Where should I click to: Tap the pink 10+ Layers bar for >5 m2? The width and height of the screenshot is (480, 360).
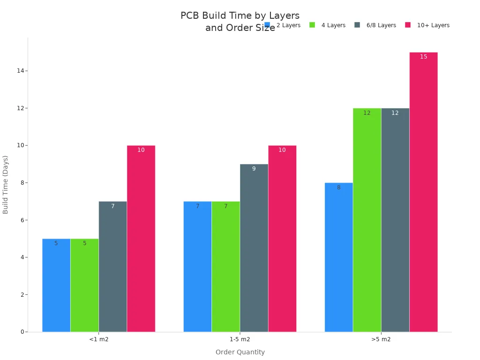423,192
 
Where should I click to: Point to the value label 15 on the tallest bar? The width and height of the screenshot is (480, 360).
423,57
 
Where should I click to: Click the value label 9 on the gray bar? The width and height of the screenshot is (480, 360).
254,169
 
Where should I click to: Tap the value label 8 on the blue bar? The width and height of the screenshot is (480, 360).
338,187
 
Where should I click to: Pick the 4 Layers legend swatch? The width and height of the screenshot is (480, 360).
312,25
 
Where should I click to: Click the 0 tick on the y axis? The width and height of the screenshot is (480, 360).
22,332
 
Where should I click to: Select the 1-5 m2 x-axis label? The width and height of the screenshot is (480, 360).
240,339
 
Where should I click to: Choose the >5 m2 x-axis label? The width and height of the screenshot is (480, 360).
381,339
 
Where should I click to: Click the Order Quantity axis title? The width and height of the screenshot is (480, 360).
240,352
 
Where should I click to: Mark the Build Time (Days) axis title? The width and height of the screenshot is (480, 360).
6,184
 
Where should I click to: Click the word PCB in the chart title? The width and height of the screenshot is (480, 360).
190,16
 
